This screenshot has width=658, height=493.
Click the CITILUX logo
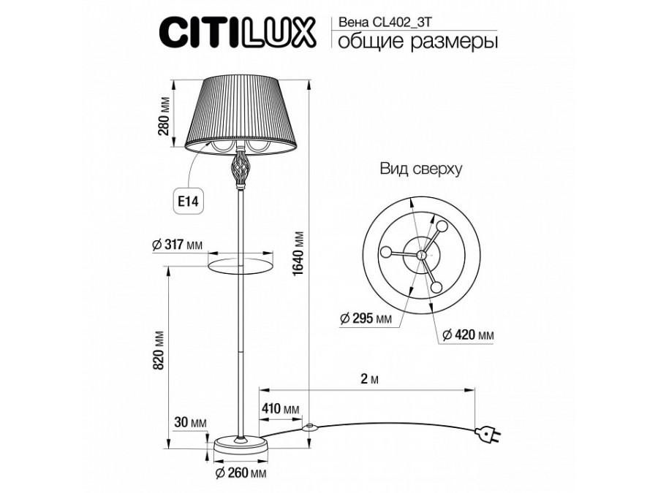pyautogui.click(x=237, y=33)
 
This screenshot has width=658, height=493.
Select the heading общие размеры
pyautogui.click(x=416, y=42)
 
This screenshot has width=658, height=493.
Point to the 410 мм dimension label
pyautogui.click(x=281, y=408)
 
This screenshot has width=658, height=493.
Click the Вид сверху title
pyautogui.click(x=420, y=169)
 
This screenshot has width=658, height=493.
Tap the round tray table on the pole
pyautogui.click(x=239, y=261)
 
